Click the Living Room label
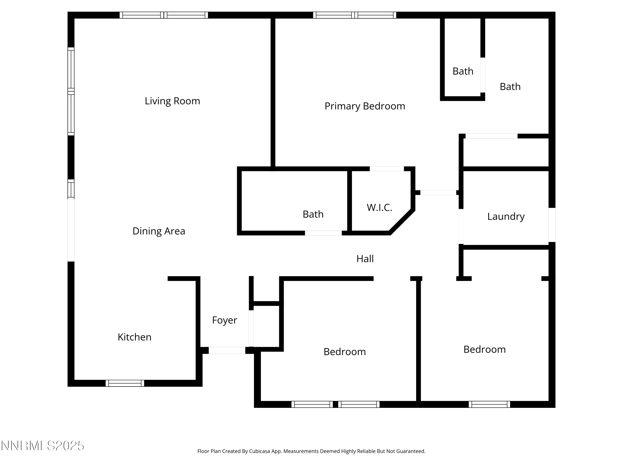[172, 101]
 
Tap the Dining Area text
[159, 231]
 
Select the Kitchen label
[134, 337]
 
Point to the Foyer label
[224, 320]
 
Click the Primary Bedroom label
[365, 106]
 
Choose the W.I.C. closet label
[379, 208]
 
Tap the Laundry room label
[506, 216]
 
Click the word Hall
[365, 259]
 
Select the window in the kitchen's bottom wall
[125, 383]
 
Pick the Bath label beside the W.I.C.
[313, 214]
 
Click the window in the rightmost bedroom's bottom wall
[489, 404]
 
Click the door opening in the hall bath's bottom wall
[323, 233]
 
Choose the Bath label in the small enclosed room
[463, 71]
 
